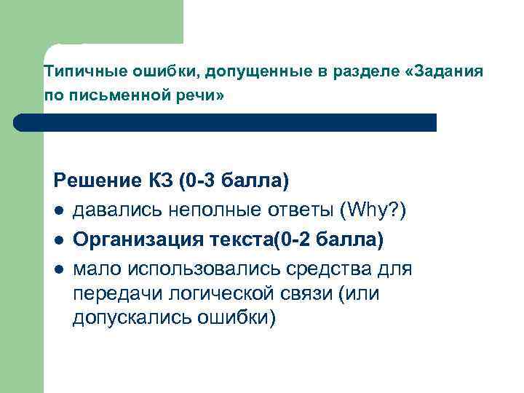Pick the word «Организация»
pyautogui.click(x=128, y=239)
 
